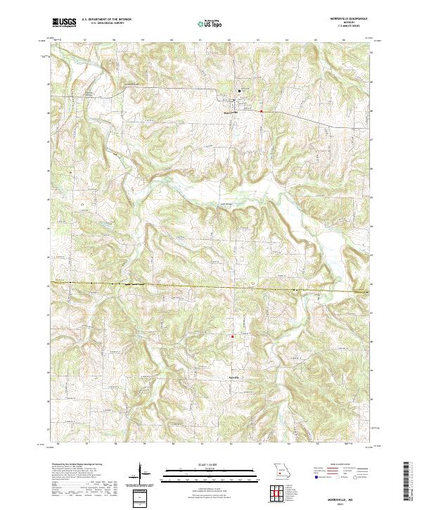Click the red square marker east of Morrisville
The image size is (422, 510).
(x=261, y=110)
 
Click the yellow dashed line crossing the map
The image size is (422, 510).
(x=211, y=286)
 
